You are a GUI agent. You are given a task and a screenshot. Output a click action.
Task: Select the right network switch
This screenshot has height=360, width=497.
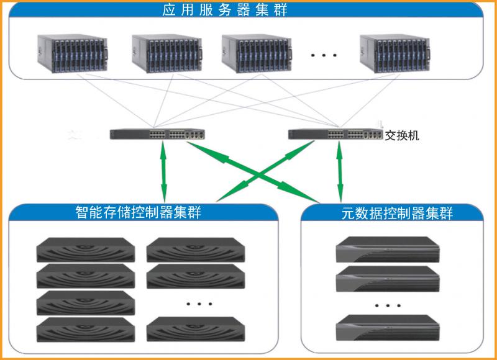coord(335,133)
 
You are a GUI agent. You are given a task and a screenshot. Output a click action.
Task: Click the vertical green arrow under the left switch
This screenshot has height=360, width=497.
coord(163,169)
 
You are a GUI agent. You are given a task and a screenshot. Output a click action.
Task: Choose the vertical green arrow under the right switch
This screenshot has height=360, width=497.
coord(339,169)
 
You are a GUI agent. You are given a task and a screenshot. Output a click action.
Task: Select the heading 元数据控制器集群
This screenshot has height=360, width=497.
coord(398,214)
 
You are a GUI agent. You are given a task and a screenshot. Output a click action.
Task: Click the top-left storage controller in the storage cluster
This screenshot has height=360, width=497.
coord(85,249)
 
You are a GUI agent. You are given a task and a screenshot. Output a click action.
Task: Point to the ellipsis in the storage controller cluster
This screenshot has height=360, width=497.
coord(195,304)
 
